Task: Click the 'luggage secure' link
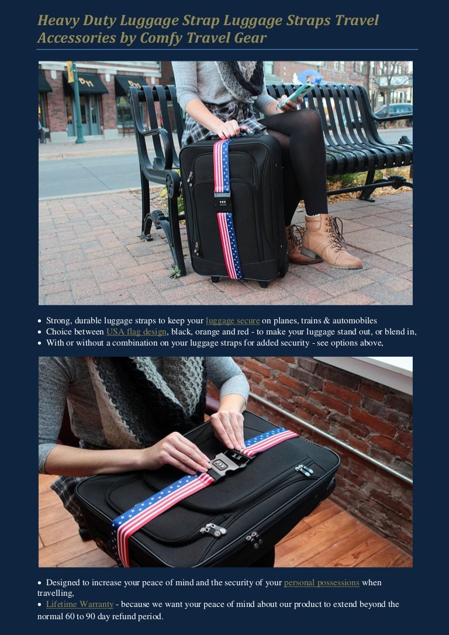tap(233, 320)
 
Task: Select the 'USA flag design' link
tap(136, 332)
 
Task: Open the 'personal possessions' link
tap(322, 582)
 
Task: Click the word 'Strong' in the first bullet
tap(59, 320)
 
